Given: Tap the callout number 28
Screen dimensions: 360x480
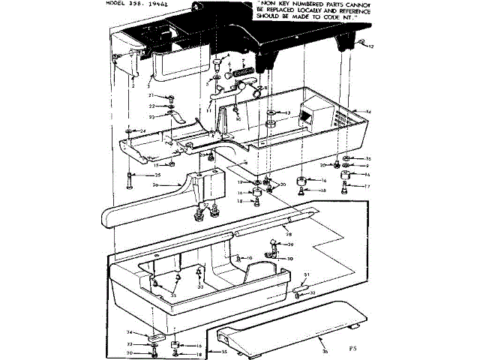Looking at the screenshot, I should [x=288, y=234].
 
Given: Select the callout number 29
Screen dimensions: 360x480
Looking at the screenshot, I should [x=291, y=245].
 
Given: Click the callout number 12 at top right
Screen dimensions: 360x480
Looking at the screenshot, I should [x=370, y=46].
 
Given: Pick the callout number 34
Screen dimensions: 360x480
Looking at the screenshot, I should [x=128, y=332].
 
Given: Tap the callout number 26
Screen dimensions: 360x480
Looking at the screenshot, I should [x=155, y=185].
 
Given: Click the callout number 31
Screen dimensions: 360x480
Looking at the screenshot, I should [x=306, y=274].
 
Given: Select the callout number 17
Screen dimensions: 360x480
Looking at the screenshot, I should [x=367, y=185].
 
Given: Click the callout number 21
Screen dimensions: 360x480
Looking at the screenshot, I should [x=150, y=96].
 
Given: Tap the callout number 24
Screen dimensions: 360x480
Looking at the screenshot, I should [x=121, y=131].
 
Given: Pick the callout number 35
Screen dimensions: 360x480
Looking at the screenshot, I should [x=223, y=351].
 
